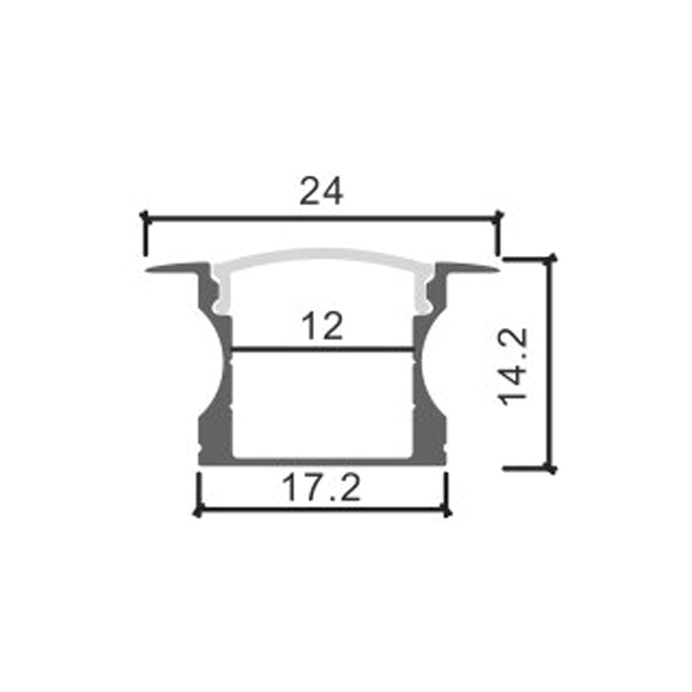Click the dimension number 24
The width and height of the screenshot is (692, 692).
(x=322, y=191)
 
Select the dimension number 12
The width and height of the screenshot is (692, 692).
(x=322, y=326)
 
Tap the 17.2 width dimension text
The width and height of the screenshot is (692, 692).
(x=322, y=490)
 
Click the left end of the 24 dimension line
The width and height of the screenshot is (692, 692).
(x=144, y=220)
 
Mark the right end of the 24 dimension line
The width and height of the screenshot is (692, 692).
(x=498, y=220)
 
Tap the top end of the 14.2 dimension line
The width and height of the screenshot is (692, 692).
(x=549, y=257)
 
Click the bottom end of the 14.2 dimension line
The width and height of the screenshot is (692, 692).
(x=549, y=468)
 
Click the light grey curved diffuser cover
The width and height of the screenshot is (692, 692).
(x=322, y=258)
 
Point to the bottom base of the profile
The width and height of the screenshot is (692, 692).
(x=322, y=460)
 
